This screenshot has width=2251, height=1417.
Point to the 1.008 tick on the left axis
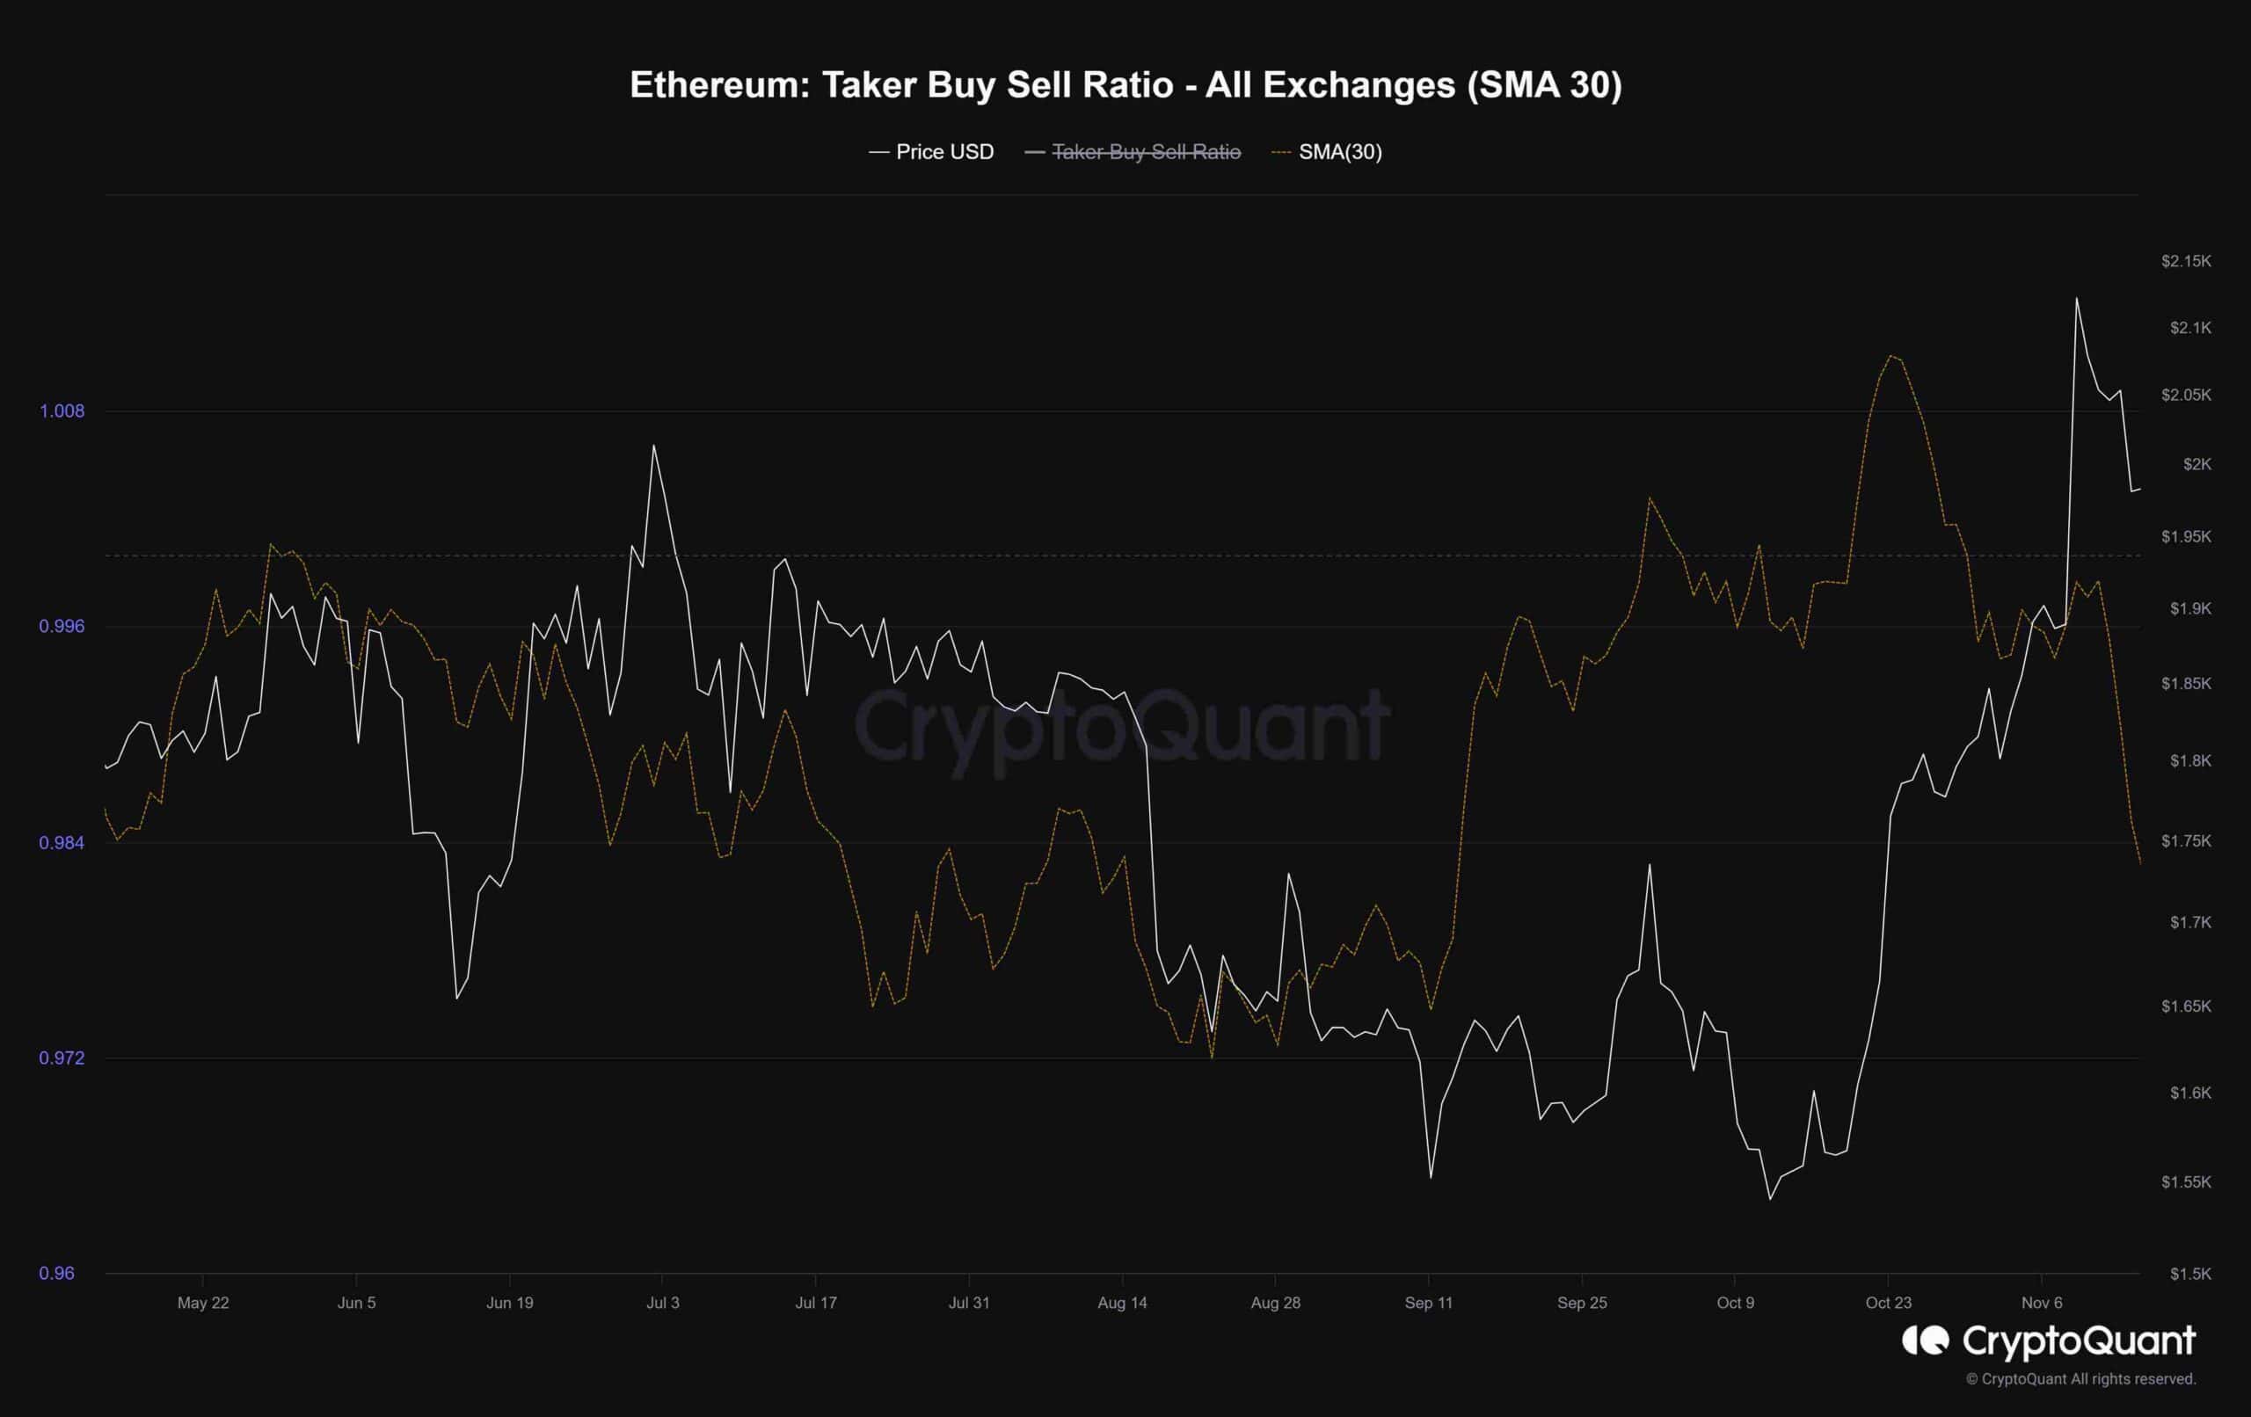[62, 411]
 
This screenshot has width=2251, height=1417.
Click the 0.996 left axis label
[62, 626]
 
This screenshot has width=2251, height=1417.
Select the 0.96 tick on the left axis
[56, 1273]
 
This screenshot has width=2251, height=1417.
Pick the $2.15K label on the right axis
[2186, 261]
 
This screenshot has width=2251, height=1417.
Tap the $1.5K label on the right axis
[2191, 1274]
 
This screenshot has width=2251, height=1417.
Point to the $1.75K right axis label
[2186, 841]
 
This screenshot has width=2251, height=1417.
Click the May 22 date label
[203, 1303]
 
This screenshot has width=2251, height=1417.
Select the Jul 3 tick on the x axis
[663, 1303]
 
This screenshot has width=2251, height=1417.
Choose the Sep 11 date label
[1428, 1303]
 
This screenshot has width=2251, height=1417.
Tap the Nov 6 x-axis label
[2042, 1303]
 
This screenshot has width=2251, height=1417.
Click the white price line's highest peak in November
[2077, 299]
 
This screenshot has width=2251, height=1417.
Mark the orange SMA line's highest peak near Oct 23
[1891, 356]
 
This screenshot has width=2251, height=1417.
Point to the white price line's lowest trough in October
[1769, 1198]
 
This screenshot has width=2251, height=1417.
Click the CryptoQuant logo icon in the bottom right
[1926, 1341]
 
